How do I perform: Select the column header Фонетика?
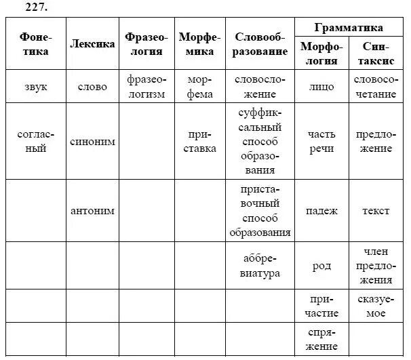[x=35, y=44]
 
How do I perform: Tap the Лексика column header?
[x=92, y=44]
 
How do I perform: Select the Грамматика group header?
[x=349, y=28]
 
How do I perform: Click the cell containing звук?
[x=35, y=87]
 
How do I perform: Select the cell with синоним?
[x=92, y=142]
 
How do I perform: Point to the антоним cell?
[x=92, y=211]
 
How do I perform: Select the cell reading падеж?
[x=321, y=211]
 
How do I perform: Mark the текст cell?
[x=376, y=211]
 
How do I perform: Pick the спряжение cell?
[x=321, y=340]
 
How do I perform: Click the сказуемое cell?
[x=376, y=306]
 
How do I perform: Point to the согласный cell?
[x=35, y=142]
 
